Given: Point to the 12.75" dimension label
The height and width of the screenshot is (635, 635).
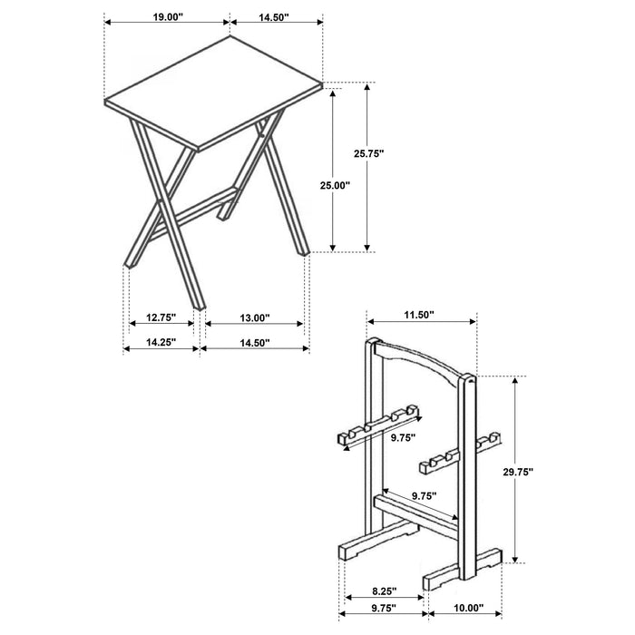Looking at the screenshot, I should click(160, 318).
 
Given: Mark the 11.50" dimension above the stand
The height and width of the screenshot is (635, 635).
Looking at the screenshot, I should click(420, 315).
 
